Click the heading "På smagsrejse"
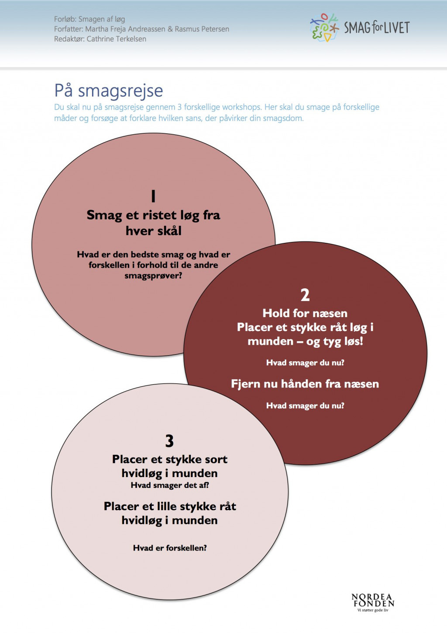[108, 91]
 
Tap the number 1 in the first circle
[153, 197]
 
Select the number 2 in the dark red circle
[305, 295]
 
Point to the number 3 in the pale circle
[169, 441]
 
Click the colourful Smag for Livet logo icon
[324, 28]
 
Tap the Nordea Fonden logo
[373, 602]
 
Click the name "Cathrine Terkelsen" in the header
[117, 39]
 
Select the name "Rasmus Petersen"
[202, 29]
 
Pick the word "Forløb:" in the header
[65, 19]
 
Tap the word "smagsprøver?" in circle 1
[153, 276]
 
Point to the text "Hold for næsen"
[305, 313]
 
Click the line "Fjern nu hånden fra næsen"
[305, 384]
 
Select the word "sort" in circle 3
[217, 459]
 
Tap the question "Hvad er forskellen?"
[170, 548]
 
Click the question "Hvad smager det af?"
[170, 485]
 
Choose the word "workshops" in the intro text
[241, 107]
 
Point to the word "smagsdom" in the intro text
[283, 118]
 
